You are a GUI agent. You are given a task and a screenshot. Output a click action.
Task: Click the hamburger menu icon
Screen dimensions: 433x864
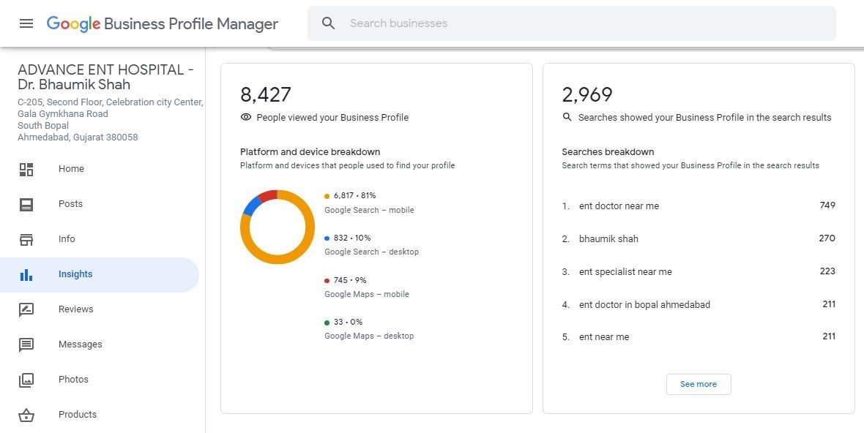(26, 23)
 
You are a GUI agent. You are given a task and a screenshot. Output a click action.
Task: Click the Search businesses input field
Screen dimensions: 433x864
(571, 23)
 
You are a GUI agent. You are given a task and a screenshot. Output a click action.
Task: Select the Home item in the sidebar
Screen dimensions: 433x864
(71, 169)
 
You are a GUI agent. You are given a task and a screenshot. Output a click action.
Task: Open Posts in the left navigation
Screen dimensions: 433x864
(70, 204)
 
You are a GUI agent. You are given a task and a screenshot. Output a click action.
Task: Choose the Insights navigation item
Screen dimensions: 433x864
(75, 274)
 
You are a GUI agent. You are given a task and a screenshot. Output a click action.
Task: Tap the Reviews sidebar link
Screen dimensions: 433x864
(75, 309)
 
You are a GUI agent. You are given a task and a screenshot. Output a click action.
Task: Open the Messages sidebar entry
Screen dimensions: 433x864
(80, 344)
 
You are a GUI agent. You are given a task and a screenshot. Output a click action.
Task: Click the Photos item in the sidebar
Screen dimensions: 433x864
(73, 380)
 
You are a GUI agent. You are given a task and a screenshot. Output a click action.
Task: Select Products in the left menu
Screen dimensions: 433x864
(77, 415)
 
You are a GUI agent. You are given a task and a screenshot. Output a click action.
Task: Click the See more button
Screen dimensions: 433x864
(699, 384)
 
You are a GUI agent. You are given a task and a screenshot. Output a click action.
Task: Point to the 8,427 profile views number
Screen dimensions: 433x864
(266, 95)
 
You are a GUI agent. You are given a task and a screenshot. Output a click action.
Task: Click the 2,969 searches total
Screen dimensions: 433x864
(587, 95)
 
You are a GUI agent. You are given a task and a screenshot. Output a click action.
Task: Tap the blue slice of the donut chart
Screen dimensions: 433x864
(251, 206)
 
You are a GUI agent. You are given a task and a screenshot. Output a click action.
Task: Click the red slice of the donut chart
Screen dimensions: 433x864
(267, 195)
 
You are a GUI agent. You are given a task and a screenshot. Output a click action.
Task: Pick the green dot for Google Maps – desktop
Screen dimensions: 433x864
(327, 322)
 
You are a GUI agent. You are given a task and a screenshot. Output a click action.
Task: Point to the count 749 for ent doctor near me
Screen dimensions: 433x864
(827, 206)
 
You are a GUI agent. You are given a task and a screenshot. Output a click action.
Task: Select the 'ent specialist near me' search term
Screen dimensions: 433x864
(625, 272)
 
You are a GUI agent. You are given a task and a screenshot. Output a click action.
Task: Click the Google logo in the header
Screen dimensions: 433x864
(73, 23)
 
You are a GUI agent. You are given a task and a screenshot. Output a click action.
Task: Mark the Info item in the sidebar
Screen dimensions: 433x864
(67, 239)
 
